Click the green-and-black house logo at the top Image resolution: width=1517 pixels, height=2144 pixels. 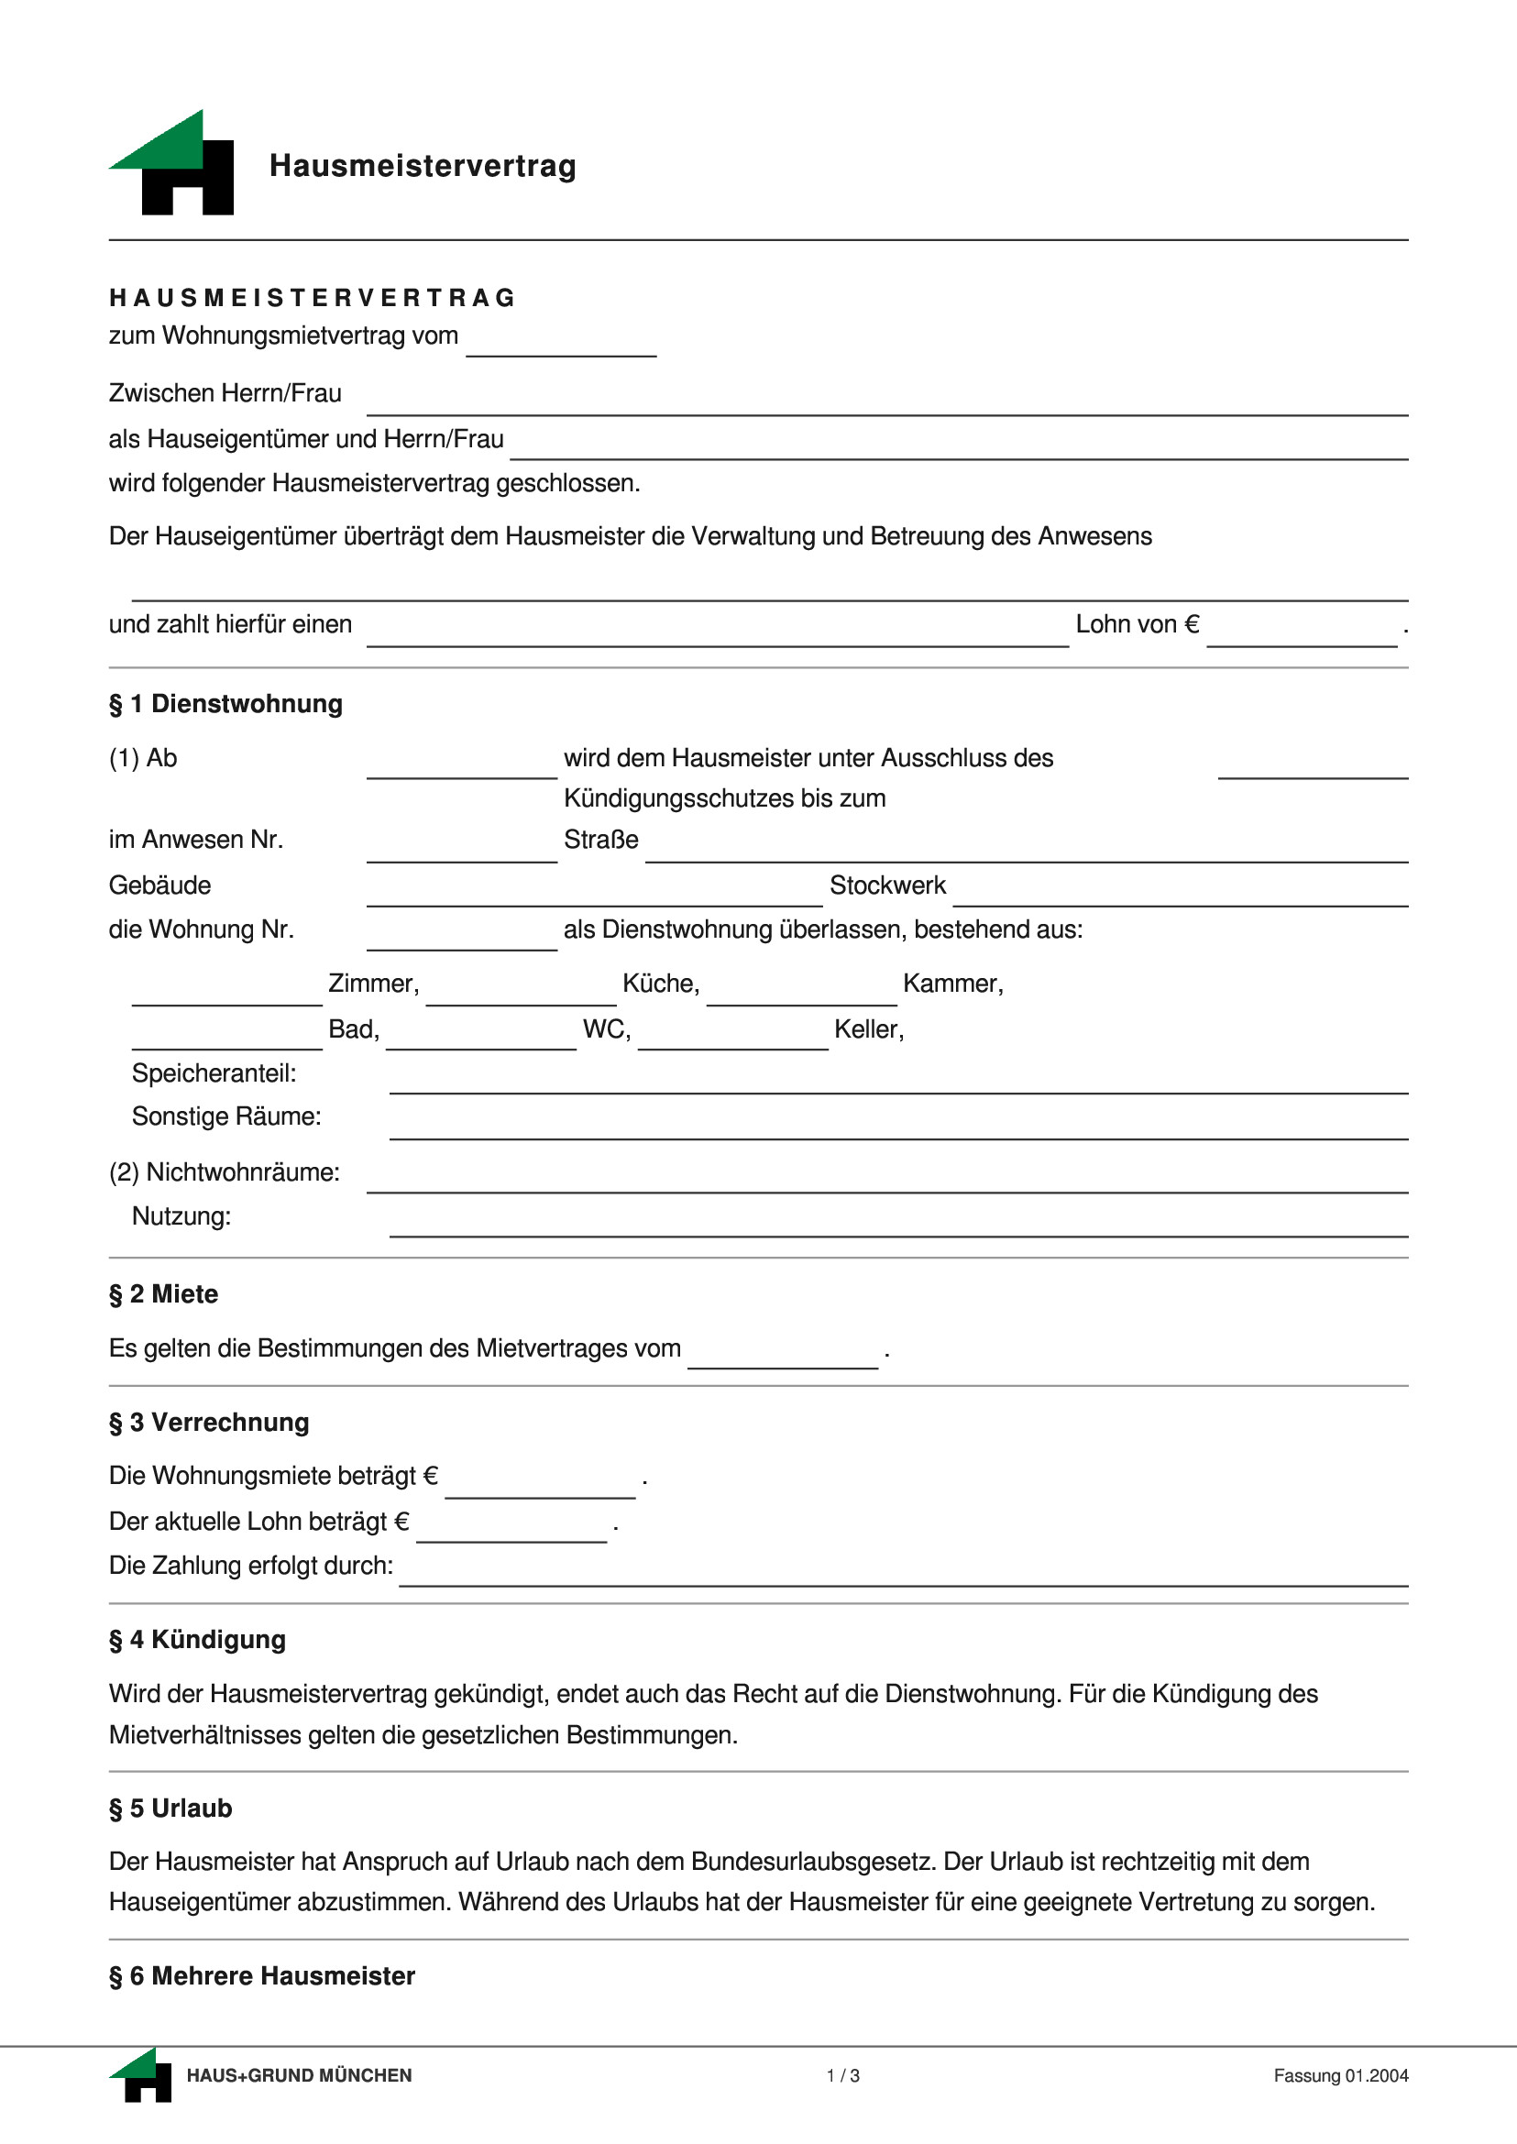(x=173, y=164)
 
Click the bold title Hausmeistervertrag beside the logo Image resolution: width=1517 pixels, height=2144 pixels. (x=423, y=166)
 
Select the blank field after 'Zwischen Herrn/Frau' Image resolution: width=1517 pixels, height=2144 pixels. (x=885, y=402)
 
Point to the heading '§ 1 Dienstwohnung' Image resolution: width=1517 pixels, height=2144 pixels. (x=226, y=703)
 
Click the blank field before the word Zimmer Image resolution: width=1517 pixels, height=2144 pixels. (x=226, y=993)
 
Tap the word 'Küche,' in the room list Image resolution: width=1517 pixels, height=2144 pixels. (x=660, y=983)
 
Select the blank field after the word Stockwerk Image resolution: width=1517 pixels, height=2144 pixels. (x=1179, y=894)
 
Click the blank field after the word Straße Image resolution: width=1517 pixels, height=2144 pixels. (x=1026, y=849)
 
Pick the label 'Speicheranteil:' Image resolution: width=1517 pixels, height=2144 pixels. (x=214, y=1072)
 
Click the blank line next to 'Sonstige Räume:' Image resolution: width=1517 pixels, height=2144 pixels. (x=896, y=1127)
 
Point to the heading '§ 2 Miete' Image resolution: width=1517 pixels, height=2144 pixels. (x=163, y=1294)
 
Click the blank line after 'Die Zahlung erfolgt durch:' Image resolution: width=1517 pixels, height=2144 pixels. (x=902, y=1574)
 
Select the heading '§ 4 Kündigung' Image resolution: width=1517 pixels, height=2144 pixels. (x=197, y=1640)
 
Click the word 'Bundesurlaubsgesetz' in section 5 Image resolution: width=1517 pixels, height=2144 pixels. (x=813, y=1861)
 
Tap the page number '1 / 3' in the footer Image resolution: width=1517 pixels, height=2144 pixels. (x=842, y=2076)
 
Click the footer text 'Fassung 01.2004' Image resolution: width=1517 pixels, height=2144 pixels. (x=1340, y=2076)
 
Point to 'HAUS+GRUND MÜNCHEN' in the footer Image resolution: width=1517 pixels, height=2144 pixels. (x=299, y=2076)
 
